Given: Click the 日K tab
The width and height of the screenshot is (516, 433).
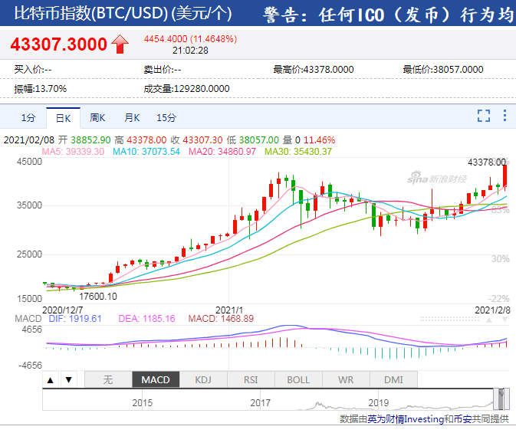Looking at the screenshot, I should (63, 118).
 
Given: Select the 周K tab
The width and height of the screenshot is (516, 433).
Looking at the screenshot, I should (97, 118).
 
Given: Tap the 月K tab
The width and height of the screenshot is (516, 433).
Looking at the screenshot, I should (132, 118).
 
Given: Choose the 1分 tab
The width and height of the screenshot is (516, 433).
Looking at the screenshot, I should (28, 118).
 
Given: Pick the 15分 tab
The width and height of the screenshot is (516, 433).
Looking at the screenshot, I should (166, 118).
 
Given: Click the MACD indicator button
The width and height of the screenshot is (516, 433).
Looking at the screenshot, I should (156, 379).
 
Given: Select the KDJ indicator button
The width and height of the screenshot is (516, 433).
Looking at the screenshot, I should (203, 379).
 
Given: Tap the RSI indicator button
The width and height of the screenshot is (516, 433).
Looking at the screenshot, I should (251, 379).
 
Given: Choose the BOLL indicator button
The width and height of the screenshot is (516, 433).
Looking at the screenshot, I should (298, 379).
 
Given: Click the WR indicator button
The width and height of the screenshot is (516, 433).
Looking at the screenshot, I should (346, 379).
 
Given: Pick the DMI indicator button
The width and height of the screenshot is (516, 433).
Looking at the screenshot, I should (393, 379).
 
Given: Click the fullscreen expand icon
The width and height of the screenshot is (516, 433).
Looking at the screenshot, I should (484, 116).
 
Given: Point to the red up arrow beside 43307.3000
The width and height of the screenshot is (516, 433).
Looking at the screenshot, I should (120, 44).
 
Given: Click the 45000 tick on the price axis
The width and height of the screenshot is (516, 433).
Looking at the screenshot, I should (29, 162).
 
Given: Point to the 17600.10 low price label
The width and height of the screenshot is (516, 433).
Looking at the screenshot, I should (98, 297).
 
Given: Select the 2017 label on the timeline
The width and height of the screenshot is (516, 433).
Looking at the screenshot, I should (260, 402).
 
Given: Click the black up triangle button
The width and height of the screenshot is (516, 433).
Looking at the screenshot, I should (50, 379).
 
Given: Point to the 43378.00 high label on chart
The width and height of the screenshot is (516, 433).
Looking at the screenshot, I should (486, 162).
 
